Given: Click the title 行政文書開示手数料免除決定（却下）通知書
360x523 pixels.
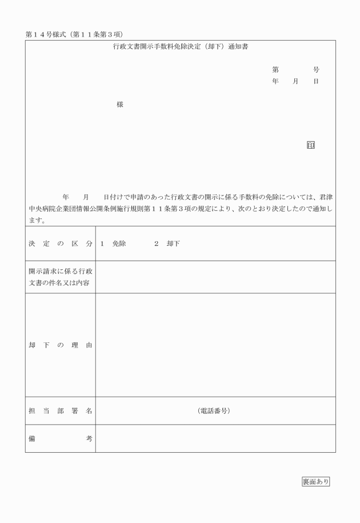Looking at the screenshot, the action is click(x=180, y=46).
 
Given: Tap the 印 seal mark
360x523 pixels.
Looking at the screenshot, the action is click(x=311, y=145).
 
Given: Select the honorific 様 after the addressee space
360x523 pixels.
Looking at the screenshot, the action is click(x=120, y=105).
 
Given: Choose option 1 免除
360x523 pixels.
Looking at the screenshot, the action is click(x=113, y=244).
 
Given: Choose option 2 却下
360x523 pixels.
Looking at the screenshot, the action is click(x=167, y=244).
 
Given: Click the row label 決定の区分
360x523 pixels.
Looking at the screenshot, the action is click(x=60, y=244).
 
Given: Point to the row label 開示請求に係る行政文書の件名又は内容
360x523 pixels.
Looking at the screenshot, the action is click(x=60, y=277).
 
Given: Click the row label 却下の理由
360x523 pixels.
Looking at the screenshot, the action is click(x=60, y=345).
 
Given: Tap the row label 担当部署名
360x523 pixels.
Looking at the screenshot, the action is click(x=60, y=411).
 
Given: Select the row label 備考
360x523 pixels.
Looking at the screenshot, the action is click(x=60, y=438).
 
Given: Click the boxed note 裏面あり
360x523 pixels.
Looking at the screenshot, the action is click(x=315, y=481).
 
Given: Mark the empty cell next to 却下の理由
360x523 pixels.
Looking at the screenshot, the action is click(x=215, y=345).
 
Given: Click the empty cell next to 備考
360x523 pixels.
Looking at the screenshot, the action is click(x=215, y=438).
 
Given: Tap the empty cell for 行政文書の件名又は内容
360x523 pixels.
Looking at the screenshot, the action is click(x=215, y=277).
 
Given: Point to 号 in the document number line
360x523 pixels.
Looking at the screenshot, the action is click(x=316, y=70).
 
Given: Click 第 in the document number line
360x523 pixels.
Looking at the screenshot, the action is click(x=275, y=70).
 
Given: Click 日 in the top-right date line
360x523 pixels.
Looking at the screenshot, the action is click(x=316, y=82).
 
